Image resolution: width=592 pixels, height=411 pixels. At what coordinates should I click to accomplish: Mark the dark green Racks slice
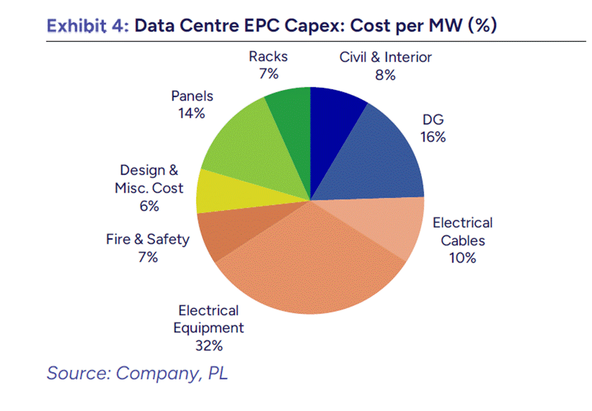tap(293, 132)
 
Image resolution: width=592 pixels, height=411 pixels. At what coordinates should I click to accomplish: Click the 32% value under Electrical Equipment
tap(209, 345)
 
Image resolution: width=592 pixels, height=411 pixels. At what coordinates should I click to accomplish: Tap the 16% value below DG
tap(433, 137)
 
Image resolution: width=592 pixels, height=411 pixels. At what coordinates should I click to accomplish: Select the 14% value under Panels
tap(192, 113)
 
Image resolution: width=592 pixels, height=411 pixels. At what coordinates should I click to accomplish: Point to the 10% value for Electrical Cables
tap(462, 258)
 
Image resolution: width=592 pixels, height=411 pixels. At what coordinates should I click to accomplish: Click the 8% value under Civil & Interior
tap(385, 75)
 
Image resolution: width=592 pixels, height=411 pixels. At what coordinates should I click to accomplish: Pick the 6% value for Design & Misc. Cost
tap(149, 206)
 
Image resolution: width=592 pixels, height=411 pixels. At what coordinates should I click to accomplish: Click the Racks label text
tap(268, 57)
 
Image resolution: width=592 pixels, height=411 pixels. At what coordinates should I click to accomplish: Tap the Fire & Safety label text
tap(147, 239)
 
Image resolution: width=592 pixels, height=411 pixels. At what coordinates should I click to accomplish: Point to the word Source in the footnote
tap(77, 373)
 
